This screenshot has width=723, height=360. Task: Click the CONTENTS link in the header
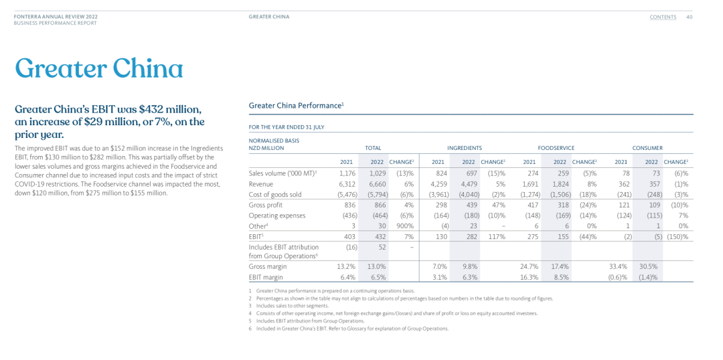(663, 17)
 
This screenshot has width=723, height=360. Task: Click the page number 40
(690, 17)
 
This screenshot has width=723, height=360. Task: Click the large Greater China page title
(99, 68)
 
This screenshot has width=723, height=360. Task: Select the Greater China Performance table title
(296, 105)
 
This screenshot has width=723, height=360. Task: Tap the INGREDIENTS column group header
(465, 148)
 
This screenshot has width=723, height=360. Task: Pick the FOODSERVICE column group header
(556, 148)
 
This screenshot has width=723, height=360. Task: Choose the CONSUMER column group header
(647, 148)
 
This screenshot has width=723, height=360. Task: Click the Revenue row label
(260, 185)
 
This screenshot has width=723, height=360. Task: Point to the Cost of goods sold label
(274, 195)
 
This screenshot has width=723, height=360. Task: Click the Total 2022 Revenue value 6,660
(378, 185)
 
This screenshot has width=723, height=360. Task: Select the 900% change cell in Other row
(405, 226)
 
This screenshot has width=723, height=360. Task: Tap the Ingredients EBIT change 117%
(496, 236)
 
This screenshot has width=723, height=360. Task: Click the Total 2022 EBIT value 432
(380, 236)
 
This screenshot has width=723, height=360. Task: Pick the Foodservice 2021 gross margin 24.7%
(529, 266)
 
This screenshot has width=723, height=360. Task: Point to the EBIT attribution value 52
(382, 247)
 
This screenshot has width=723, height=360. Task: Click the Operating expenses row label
(277, 215)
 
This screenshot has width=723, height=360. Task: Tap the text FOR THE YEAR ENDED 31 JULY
(287, 127)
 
